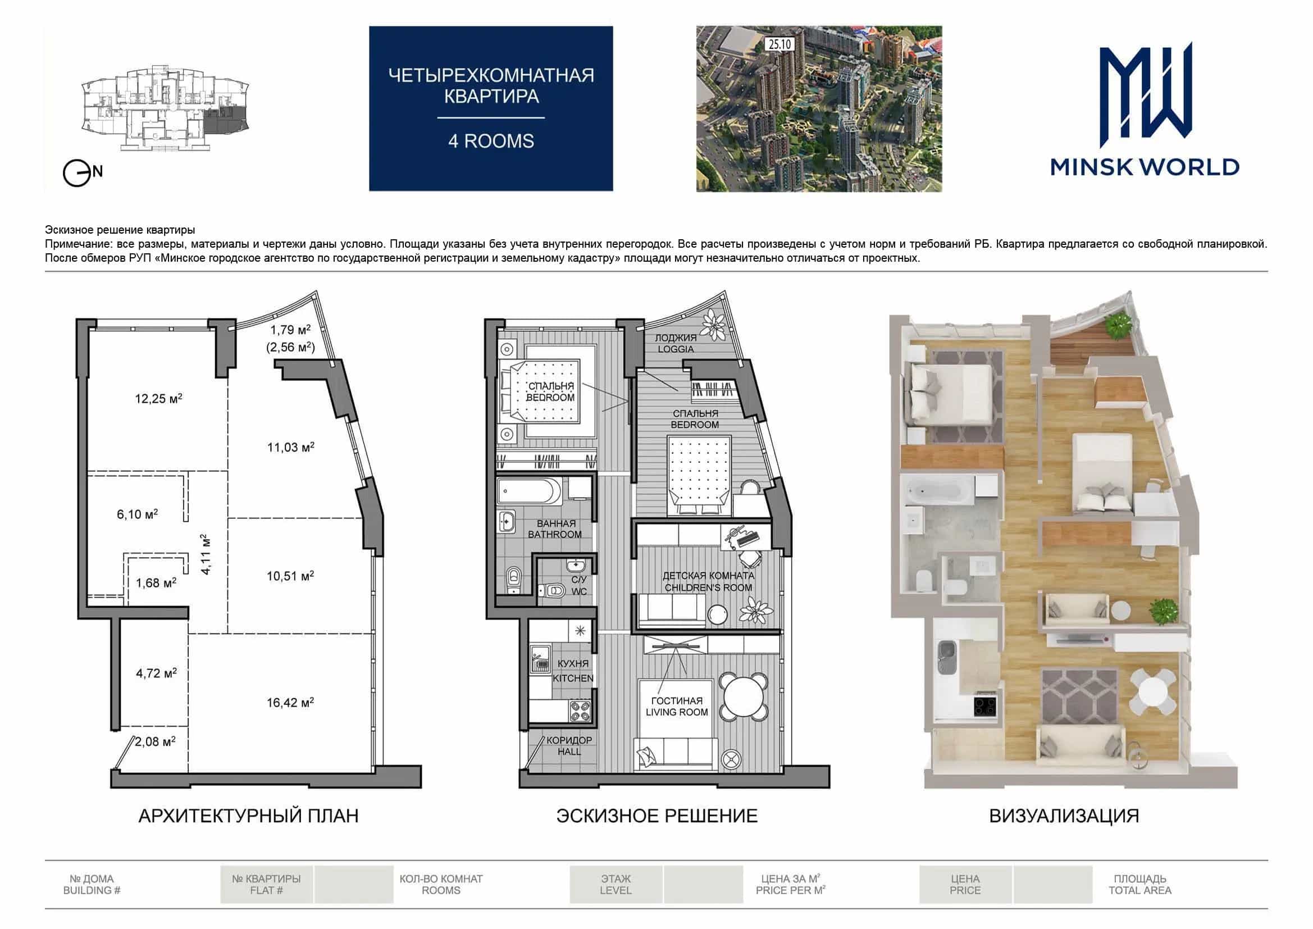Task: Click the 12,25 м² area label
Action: pyautogui.click(x=158, y=398)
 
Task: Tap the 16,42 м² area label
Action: pyautogui.click(x=290, y=702)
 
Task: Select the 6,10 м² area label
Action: pyautogui.click(x=137, y=514)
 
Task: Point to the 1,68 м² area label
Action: pyautogui.click(x=156, y=582)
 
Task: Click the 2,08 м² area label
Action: pyautogui.click(x=155, y=741)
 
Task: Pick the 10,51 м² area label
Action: pyautogui.click(x=290, y=576)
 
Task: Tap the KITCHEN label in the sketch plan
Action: pyautogui.click(x=572, y=678)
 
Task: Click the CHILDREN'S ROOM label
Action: pyautogui.click(x=708, y=588)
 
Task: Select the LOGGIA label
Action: pyautogui.click(x=676, y=349)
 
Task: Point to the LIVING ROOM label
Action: pyautogui.click(x=677, y=712)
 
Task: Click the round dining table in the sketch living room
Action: pyautogui.click(x=743, y=695)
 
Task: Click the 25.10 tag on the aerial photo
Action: pyautogui.click(x=779, y=43)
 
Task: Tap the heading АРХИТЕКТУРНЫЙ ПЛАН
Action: pyautogui.click(x=248, y=816)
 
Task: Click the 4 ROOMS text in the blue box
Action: pyautogui.click(x=491, y=141)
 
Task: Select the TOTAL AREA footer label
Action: pyautogui.click(x=1139, y=890)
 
